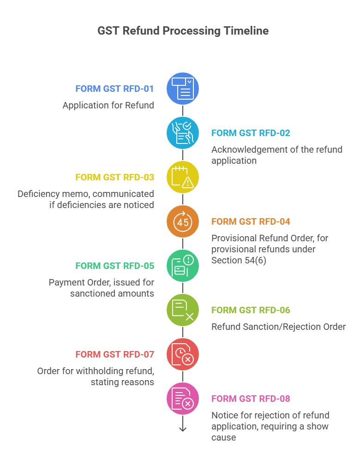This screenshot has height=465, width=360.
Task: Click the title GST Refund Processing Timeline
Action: (x=183, y=31)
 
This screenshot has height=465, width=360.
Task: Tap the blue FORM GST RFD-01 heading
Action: (x=114, y=89)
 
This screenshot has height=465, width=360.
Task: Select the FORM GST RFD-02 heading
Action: (x=251, y=133)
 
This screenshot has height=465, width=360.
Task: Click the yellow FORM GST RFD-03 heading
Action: (x=114, y=177)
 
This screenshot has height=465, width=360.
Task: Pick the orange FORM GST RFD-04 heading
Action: (x=251, y=221)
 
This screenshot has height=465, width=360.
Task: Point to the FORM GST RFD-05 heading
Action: (x=114, y=266)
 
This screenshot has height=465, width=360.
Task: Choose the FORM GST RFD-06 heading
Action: (x=251, y=310)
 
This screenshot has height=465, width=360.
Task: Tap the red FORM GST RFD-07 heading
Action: (x=114, y=354)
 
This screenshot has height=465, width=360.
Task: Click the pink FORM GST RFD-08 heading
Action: (x=251, y=399)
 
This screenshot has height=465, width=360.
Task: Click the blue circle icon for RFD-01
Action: (x=183, y=89)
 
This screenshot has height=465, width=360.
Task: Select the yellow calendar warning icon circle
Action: (x=183, y=177)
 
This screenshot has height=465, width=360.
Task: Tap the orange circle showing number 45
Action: (x=183, y=221)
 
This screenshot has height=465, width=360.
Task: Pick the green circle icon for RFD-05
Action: (x=183, y=266)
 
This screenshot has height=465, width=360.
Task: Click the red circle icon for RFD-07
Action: (x=183, y=354)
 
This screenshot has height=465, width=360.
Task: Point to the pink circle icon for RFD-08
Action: (x=183, y=399)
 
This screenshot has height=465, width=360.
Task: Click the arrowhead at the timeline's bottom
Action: (x=183, y=429)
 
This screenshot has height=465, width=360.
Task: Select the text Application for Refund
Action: (x=108, y=105)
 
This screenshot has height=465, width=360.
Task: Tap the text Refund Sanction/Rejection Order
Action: (x=278, y=327)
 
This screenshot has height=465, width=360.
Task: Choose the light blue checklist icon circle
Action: (x=183, y=133)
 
